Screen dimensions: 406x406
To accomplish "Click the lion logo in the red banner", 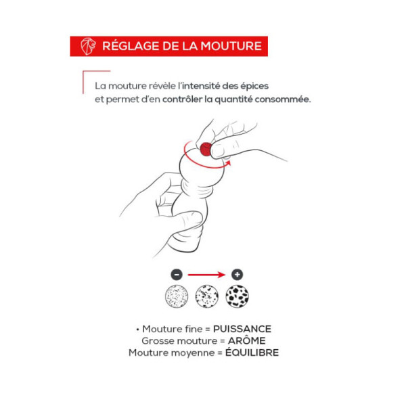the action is [88, 46].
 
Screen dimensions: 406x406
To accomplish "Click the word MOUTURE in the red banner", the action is [231, 46].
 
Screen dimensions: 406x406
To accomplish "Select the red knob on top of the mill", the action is [206, 150].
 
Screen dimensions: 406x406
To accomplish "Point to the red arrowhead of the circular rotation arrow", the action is [228, 163].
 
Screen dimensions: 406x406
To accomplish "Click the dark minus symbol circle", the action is [177, 275].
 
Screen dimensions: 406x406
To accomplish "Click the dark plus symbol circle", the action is [238, 275].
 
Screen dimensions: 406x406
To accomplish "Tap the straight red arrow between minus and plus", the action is [206, 275].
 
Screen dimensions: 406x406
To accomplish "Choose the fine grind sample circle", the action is [177, 296].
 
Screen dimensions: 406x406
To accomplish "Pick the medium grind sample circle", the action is [206, 296].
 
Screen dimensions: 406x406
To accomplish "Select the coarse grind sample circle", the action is [238, 296].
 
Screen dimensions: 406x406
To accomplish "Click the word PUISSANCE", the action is [242, 329].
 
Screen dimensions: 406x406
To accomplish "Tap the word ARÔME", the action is [247, 340].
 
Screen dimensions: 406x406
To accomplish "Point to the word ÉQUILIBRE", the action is [252, 352].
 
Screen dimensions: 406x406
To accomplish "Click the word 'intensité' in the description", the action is [201, 86].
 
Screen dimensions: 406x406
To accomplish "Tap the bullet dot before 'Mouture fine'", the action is [138, 330].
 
